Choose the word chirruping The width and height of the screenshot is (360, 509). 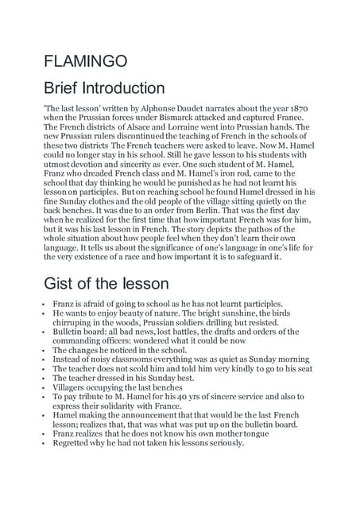77,325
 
